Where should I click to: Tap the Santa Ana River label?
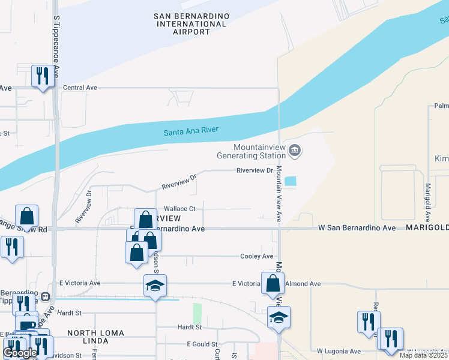pyautogui.click(x=191, y=131)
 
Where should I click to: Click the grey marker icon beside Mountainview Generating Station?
pyautogui.click(x=294, y=150)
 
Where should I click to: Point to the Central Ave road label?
pyautogui.click(x=80, y=88)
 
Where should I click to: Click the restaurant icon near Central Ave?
pyautogui.click(x=42, y=76)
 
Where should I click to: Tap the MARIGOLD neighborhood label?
pyautogui.click(x=427, y=229)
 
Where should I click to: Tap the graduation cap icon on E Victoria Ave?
pyautogui.click(x=155, y=286)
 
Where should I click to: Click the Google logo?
pyautogui.click(x=20, y=353)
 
